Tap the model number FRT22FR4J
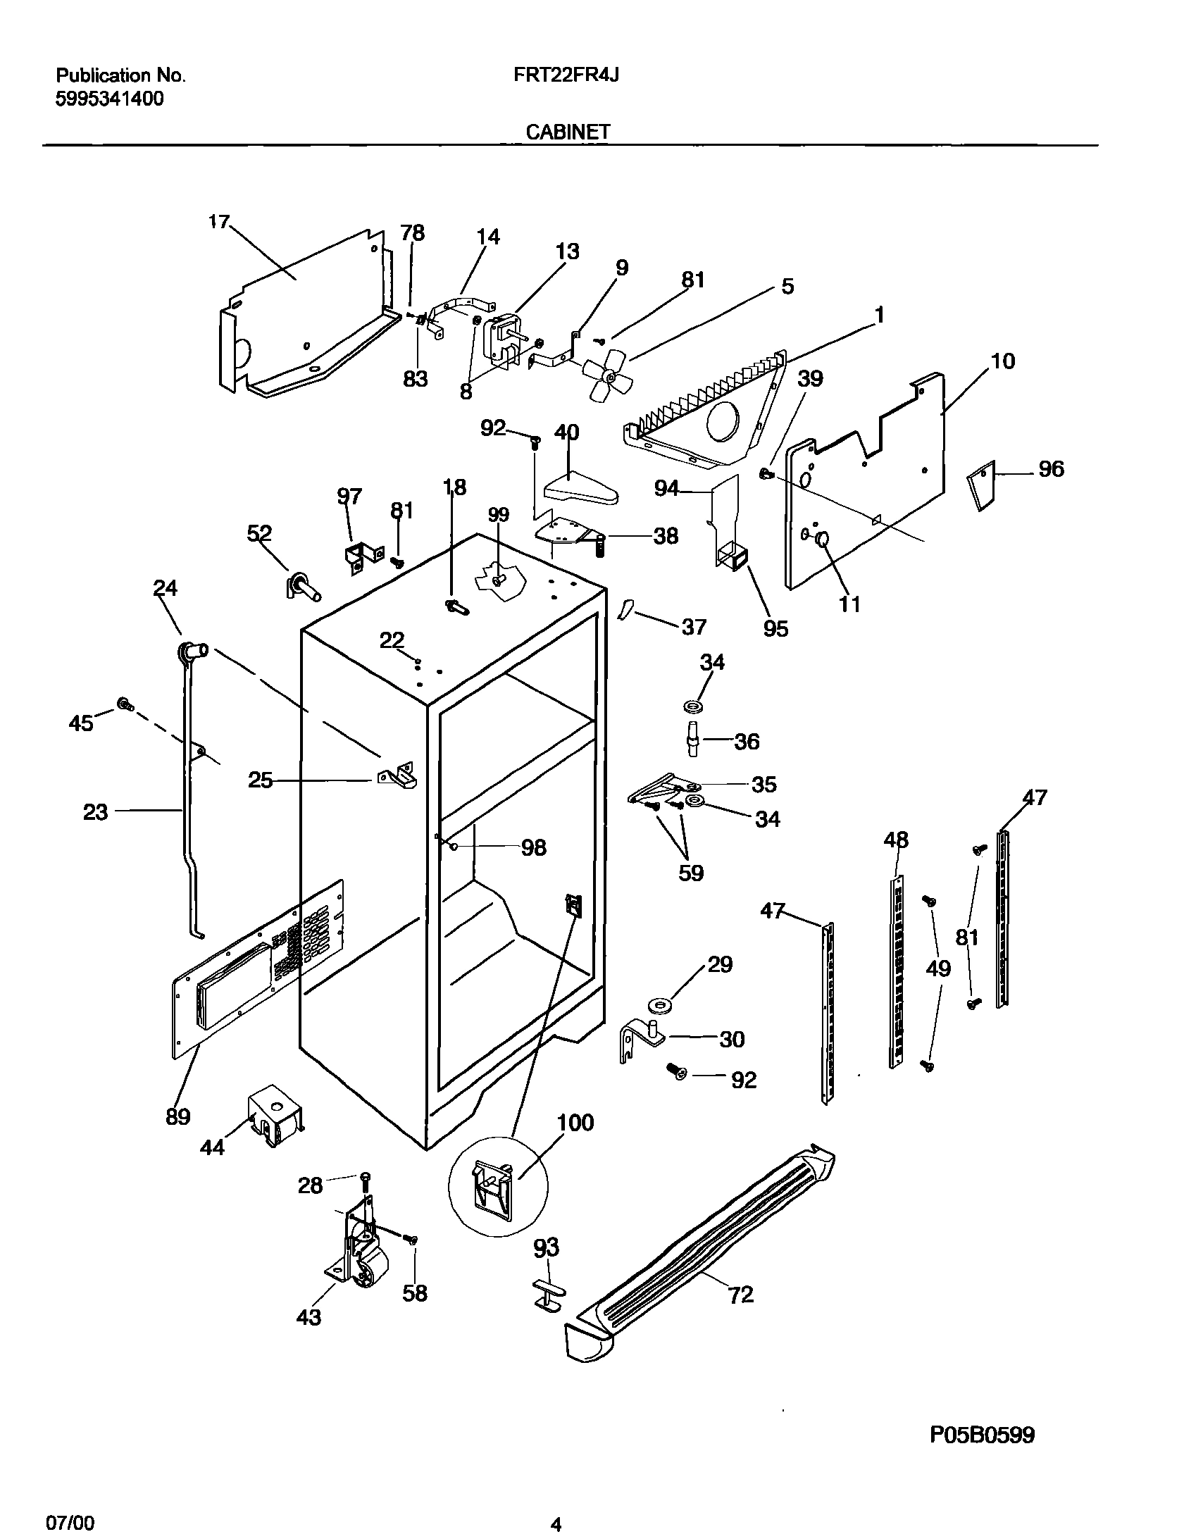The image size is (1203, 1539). (566, 75)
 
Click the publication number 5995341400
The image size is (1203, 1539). (109, 99)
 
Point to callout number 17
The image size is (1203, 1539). (218, 222)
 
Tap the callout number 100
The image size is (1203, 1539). (575, 1123)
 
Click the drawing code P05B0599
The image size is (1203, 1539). (983, 1434)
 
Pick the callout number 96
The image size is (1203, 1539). (1051, 469)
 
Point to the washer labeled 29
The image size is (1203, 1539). (658, 1004)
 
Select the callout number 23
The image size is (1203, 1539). (96, 813)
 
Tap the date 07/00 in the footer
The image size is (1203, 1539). (70, 1519)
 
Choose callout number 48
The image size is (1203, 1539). (896, 840)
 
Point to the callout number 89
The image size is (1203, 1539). (177, 1117)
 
